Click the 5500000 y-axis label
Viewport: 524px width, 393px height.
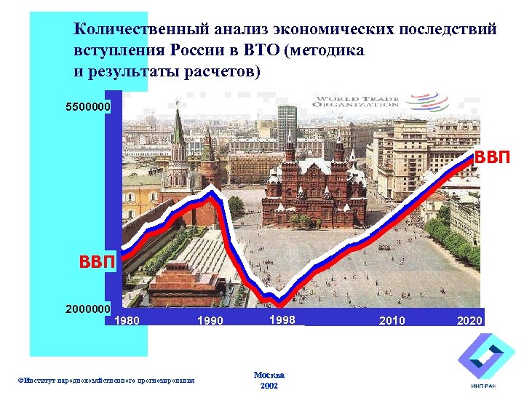tap(88, 107)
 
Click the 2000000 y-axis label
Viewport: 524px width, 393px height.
tap(88, 309)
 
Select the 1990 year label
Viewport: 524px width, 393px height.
tap(213, 320)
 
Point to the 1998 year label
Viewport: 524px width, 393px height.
tap(282, 319)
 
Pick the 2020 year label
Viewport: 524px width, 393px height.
tap(469, 320)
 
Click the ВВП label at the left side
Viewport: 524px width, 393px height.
tap(98, 261)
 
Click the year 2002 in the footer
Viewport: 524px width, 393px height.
tap(269, 386)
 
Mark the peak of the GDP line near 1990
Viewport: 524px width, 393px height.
tap(213, 191)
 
